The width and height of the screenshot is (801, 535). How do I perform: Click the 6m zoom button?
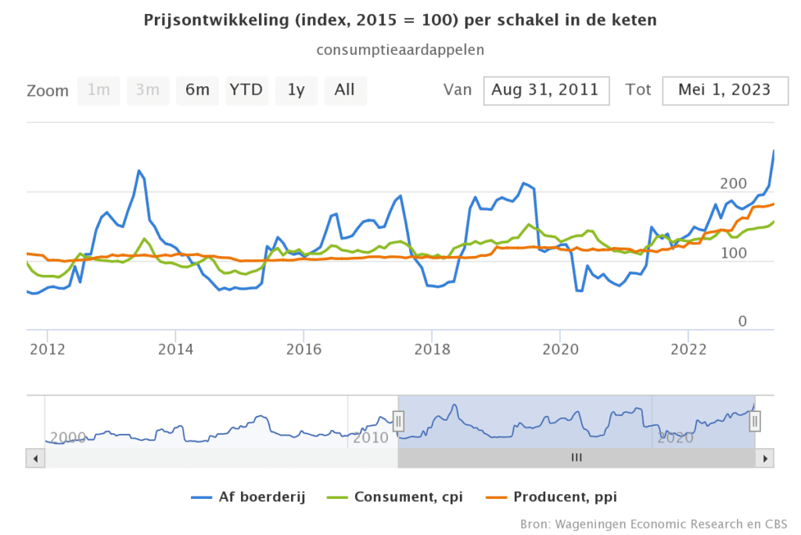coord(197,90)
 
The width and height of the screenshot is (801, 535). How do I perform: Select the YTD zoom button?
coord(246,90)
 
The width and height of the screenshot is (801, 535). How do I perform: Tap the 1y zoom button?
coord(296,90)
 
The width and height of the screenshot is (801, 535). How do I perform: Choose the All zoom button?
coord(345,90)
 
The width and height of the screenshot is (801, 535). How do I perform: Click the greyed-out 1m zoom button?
coord(99,90)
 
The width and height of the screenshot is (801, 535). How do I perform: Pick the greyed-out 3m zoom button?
coord(148,90)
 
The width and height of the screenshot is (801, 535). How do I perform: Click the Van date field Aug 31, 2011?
coord(546,90)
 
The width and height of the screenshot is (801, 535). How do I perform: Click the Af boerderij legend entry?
coord(248,497)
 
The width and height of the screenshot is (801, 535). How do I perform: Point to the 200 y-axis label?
coord(734,183)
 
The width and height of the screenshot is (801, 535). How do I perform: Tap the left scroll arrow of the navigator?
coord(34,458)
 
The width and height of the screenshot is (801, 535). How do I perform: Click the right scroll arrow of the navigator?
coord(767,458)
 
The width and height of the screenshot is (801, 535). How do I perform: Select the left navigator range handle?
coord(398,422)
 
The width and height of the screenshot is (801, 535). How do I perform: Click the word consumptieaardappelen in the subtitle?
coord(400,49)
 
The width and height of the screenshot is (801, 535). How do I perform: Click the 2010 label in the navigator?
coord(371,437)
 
